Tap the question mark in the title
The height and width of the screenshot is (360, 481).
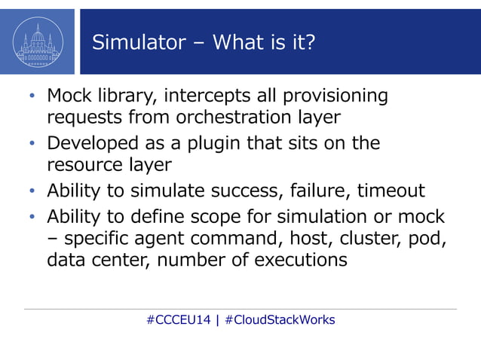point(308,42)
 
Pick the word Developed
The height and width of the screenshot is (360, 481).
point(90,143)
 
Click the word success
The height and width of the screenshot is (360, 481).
point(239,191)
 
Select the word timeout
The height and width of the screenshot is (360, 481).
point(391,191)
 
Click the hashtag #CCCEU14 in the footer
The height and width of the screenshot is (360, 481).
point(178,319)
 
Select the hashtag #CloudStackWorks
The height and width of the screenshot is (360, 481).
point(280,319)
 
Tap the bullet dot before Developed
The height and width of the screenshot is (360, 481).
point(32,144)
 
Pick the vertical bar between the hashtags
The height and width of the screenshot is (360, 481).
point(217,319)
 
